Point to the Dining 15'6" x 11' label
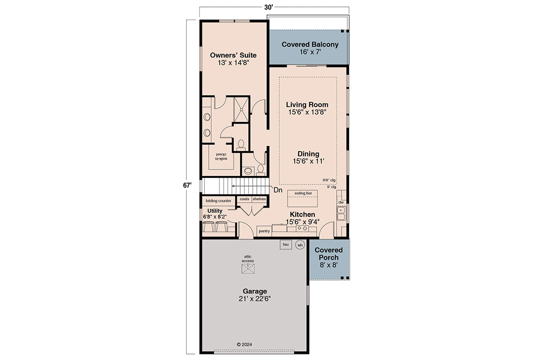point(309,157)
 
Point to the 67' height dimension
point(187,185)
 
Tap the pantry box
point(264,231)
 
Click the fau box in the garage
point(286,244)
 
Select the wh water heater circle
point(300,245)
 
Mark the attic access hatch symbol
point(248,268)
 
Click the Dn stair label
point(278,190)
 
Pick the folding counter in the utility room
point(218,201)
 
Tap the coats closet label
point(244,199)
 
